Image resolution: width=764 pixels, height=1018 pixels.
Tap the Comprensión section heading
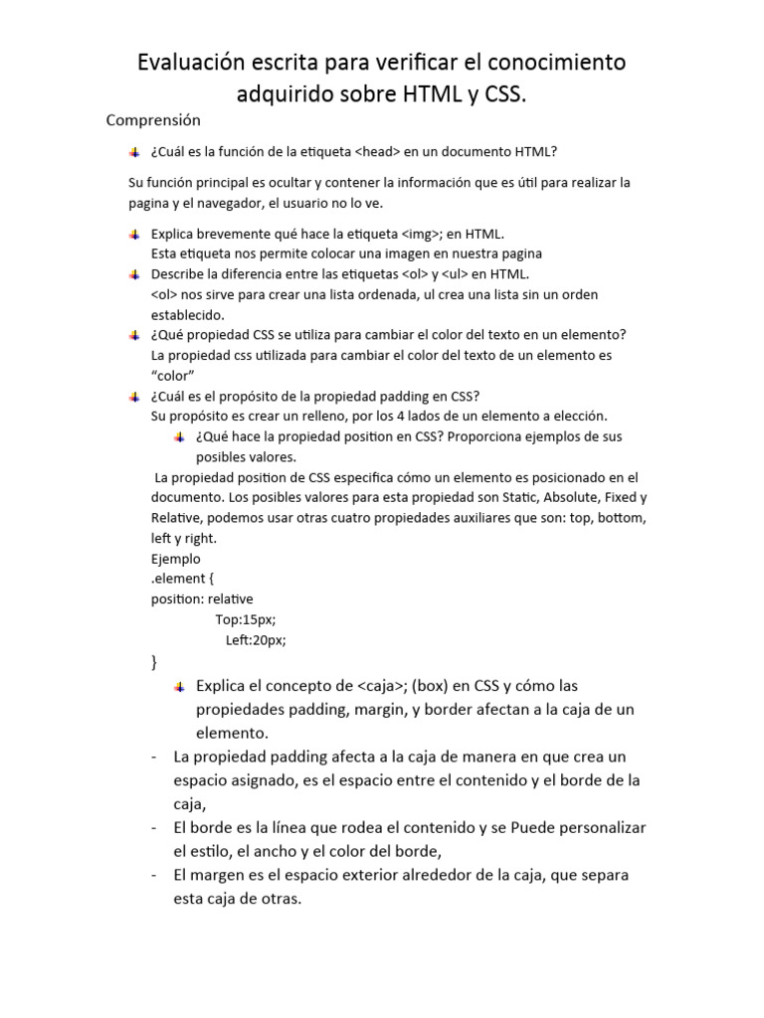click(153, 120)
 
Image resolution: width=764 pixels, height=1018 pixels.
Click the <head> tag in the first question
click(379, 151)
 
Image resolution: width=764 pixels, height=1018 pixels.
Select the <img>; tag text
click(428, 234)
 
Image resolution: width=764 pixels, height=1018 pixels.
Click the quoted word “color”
click(172, 374)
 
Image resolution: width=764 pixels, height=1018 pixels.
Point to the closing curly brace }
click(153, 660)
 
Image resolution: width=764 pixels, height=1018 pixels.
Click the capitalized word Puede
click(520, 827)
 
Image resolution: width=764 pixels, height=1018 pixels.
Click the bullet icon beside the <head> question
click(134, 152)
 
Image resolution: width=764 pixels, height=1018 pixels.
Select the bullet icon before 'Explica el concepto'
click(179, 686)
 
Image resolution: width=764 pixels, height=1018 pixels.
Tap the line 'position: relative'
click(202, 598)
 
